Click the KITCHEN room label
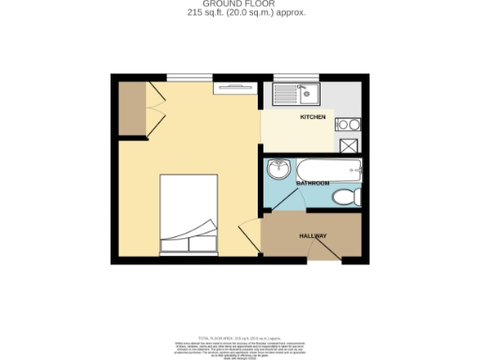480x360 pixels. tap(312, 117)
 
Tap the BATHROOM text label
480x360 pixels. tap(312, 184)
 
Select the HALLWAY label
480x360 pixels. tap(312, 235)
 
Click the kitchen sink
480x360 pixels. tap(297, 93)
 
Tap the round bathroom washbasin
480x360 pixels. tap(278, 170)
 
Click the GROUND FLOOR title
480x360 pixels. tap(239, 5)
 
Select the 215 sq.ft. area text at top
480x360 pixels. tap(239, 13)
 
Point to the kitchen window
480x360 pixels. tap(295, 76)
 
